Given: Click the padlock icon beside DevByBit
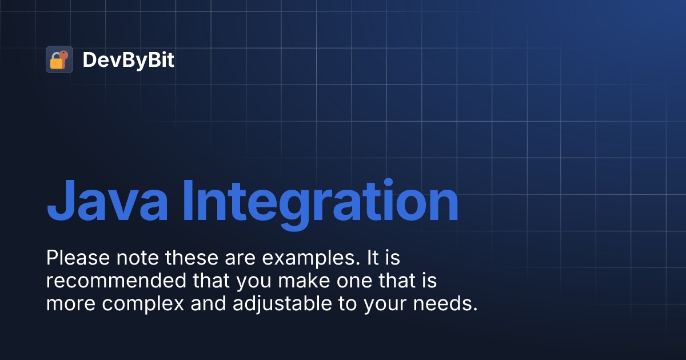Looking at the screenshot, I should (59, 59).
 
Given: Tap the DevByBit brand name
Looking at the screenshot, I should (128, 60).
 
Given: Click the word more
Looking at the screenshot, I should (69, 304).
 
